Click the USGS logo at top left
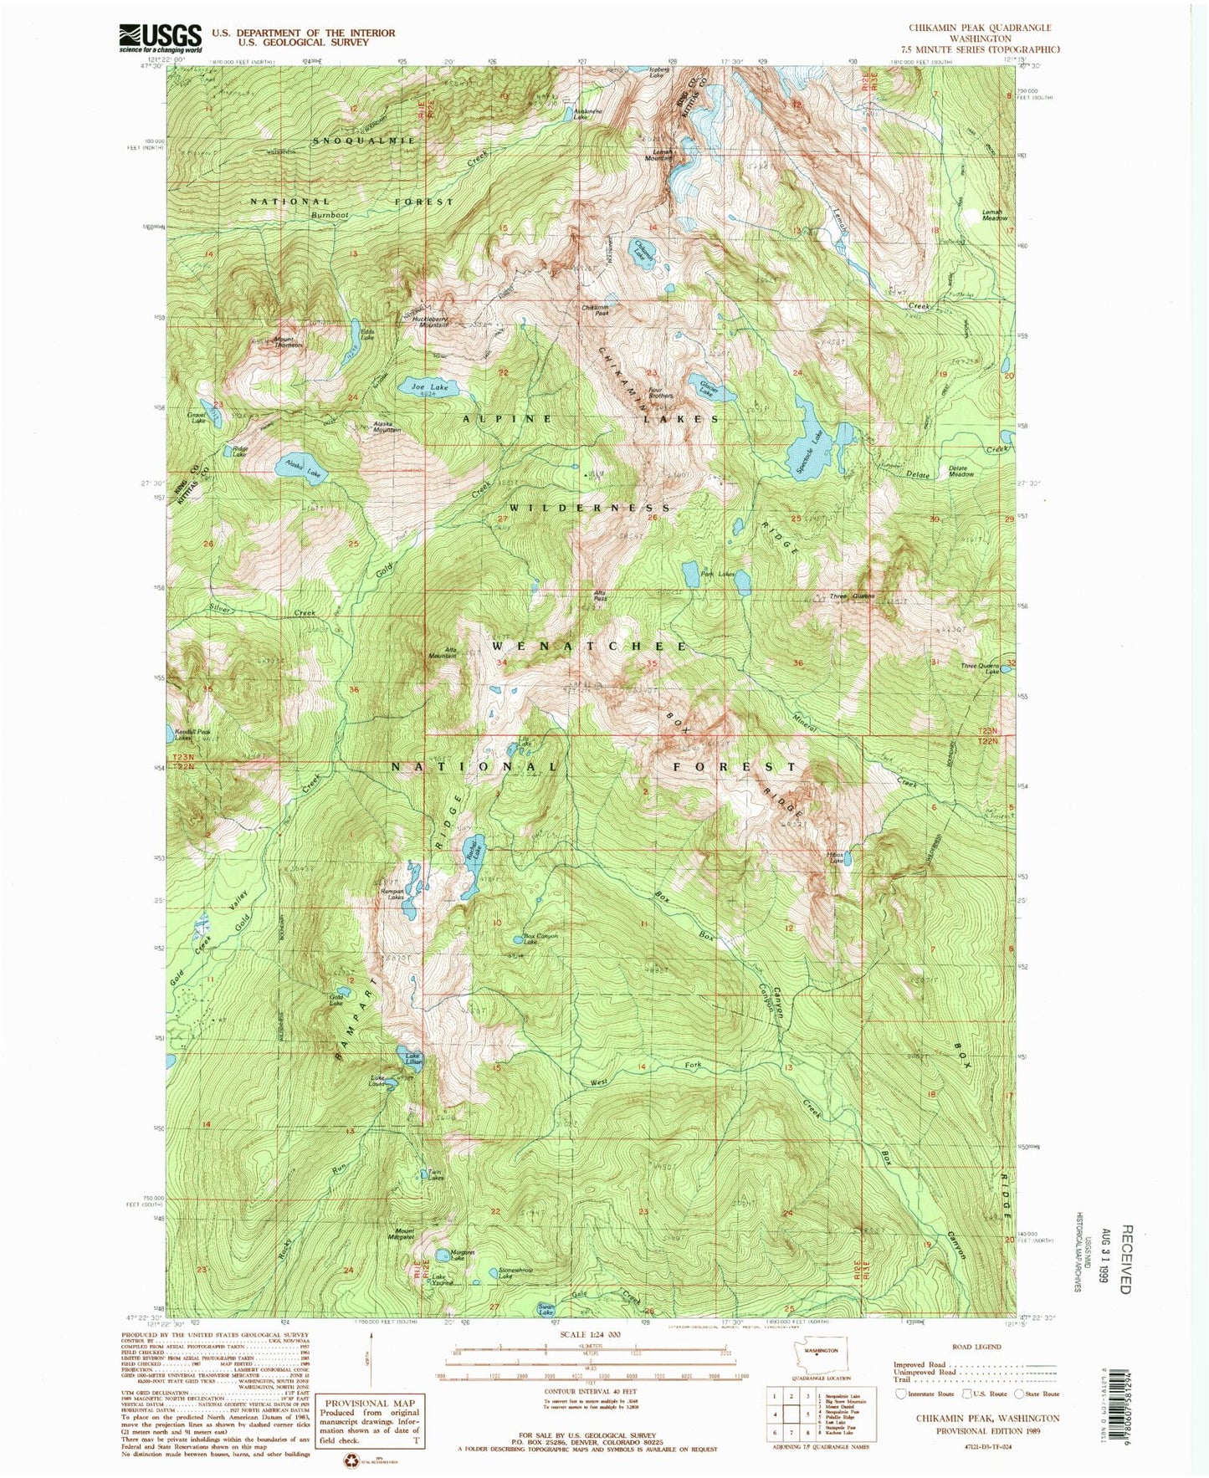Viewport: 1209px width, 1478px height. tap(161, 38)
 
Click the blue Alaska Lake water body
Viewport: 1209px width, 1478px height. tap(300, 469)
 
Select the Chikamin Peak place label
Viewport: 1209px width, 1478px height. tap(595, 309)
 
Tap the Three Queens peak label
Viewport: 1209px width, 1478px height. tap(852, 596)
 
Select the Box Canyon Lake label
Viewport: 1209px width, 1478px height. tap(540, 938)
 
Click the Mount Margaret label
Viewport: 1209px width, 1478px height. tap(403, 1232)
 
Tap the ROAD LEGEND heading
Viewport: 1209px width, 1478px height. tap(975, 1347)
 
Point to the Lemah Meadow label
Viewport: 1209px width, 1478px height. tap(993, 215)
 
